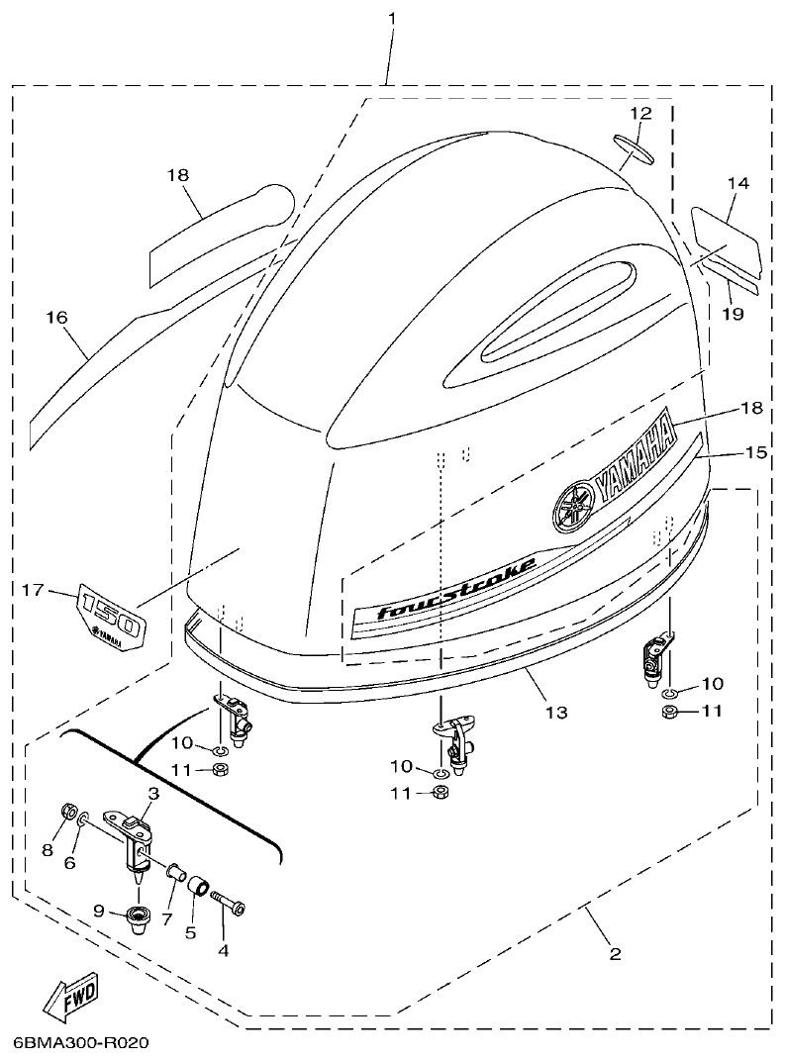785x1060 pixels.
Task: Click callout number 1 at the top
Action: tap(392, 19)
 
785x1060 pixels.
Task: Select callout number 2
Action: tap(615, 954)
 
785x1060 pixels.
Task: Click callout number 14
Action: tap(737, 183)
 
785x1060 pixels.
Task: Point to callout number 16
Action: tap(56, 317)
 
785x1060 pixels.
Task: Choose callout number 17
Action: tap(34, 590)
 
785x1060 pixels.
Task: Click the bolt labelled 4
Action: tap(231, 905)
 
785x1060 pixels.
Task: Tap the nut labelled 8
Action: tap(70, 812)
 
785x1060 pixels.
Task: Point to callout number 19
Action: tap(733, 315)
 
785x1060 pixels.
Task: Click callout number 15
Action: tap(756, 452)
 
